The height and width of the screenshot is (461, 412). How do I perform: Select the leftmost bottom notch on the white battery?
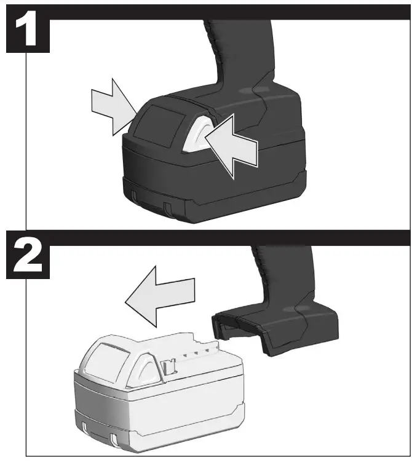point(81,425)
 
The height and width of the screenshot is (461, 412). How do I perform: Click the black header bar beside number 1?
point(228,11)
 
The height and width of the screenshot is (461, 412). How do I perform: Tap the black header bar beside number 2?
point(228,237)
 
